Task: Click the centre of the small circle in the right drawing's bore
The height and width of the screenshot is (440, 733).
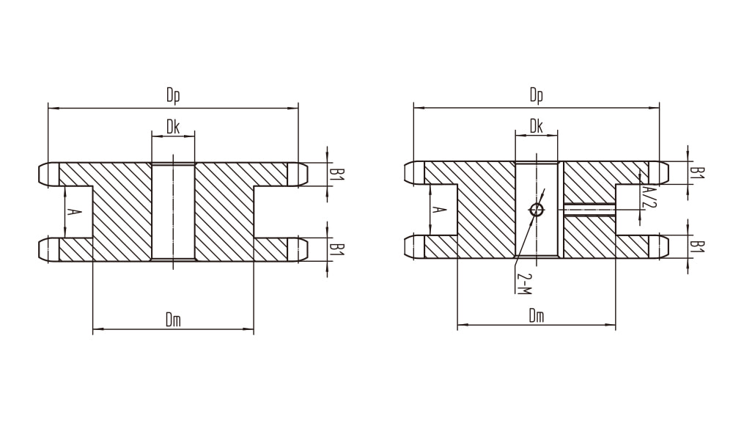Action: (537, 210)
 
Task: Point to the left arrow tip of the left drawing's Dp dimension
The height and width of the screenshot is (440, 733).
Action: (48, 109)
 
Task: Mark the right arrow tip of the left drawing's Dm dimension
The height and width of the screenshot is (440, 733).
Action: (254, 330)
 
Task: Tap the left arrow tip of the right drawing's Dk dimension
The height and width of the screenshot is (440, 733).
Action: (515, 135)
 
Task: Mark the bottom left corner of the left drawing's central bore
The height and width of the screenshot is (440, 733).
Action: (152, 260)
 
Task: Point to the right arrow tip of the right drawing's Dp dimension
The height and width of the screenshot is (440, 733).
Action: (659, 108)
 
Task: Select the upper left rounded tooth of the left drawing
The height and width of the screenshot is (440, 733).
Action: (48, 175)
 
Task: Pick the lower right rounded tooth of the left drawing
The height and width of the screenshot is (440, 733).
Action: (298, 249)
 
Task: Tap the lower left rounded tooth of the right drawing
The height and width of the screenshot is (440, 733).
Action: (414, 246)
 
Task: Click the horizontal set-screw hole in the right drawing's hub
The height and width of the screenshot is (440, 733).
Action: (589, 210)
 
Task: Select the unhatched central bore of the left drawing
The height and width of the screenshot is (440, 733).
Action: (174, 211)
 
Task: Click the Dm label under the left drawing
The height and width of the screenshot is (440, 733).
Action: (174, 320)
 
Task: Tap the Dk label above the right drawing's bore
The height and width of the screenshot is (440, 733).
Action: (537, 126)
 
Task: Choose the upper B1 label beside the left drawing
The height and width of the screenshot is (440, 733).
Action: (337, 175)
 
